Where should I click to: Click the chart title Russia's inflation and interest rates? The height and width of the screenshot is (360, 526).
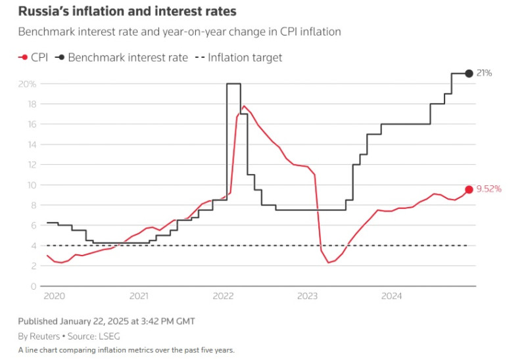click(127, 11)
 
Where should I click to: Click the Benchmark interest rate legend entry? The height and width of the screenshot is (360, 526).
click(122, 57)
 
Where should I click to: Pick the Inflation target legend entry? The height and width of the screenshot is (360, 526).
click(238, 57)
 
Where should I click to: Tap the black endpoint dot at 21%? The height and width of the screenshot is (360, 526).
click(469, 73)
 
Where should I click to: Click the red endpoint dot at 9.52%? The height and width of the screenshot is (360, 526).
click(469, 189)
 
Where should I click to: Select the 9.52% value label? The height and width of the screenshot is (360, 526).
click(489, 189)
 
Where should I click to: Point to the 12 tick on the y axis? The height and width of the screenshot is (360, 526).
click(32, 165)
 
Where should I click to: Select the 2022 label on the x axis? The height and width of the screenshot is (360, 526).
click(224, 297)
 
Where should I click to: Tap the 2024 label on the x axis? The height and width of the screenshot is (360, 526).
click(392, 297)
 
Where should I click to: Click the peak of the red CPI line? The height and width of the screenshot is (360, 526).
click(244, 106)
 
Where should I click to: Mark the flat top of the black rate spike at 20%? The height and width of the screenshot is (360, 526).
click(233, 83)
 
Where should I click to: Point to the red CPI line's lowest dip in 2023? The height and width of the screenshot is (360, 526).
click(328, 263)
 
